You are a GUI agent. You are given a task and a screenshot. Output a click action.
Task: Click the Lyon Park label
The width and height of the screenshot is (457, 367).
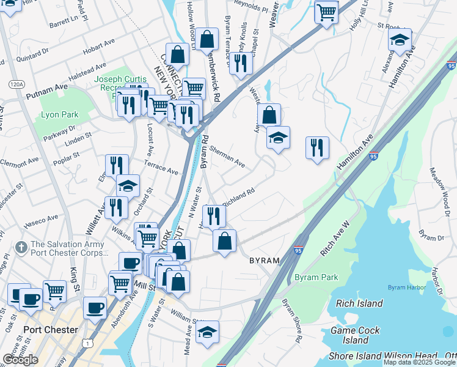(60, 114)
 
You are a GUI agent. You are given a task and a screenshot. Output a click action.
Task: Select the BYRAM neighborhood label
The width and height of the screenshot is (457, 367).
(264, 261)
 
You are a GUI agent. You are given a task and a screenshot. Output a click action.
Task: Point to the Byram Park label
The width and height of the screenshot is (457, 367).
(316, 277)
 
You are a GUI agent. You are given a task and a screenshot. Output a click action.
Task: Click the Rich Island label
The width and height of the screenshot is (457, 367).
(360, 303)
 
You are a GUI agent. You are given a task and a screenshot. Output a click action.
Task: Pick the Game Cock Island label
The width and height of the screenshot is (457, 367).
(355, 335)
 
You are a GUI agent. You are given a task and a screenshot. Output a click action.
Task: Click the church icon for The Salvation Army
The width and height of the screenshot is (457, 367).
(21, 248)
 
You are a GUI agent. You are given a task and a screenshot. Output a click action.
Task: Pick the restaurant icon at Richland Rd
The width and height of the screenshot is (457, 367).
(214, 215)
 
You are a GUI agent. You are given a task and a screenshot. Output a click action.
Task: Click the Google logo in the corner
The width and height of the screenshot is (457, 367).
(20, 360)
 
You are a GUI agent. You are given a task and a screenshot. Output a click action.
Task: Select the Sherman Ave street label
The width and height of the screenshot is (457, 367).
(227, 157)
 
